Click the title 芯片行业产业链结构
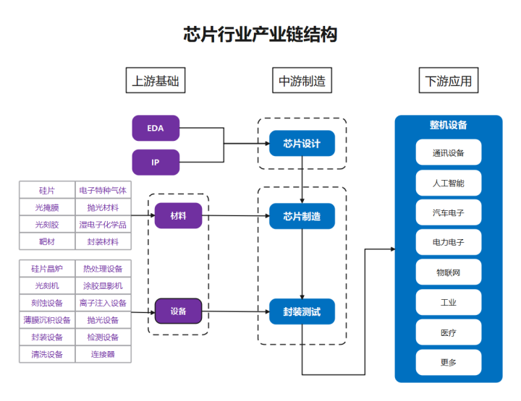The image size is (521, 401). pos(260,34)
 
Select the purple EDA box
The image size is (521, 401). pos(156,129)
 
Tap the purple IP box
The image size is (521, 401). pos(156,163)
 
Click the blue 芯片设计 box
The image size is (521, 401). pos(302,143)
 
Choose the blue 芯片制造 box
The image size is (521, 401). pos(302,216)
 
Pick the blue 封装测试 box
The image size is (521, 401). pos(302,312)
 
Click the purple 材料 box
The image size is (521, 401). pos(178,216)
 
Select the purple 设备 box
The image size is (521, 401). pos(178,311)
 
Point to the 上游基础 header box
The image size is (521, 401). pos(156,81)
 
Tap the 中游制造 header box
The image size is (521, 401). pos(302,81)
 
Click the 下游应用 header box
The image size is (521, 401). pos(449,81)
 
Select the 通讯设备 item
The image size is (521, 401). pos(448,152)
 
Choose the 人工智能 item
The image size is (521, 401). pos(448,183)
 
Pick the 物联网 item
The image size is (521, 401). pos(448,272)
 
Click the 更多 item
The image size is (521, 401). pos(448,362)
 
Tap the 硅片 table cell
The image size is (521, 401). pos(47,190)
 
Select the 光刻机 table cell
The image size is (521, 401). pos(47,285)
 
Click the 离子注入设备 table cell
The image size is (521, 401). pos(103,303)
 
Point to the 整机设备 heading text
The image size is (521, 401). pos(448,125)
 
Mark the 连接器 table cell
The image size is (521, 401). pos(103,355)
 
